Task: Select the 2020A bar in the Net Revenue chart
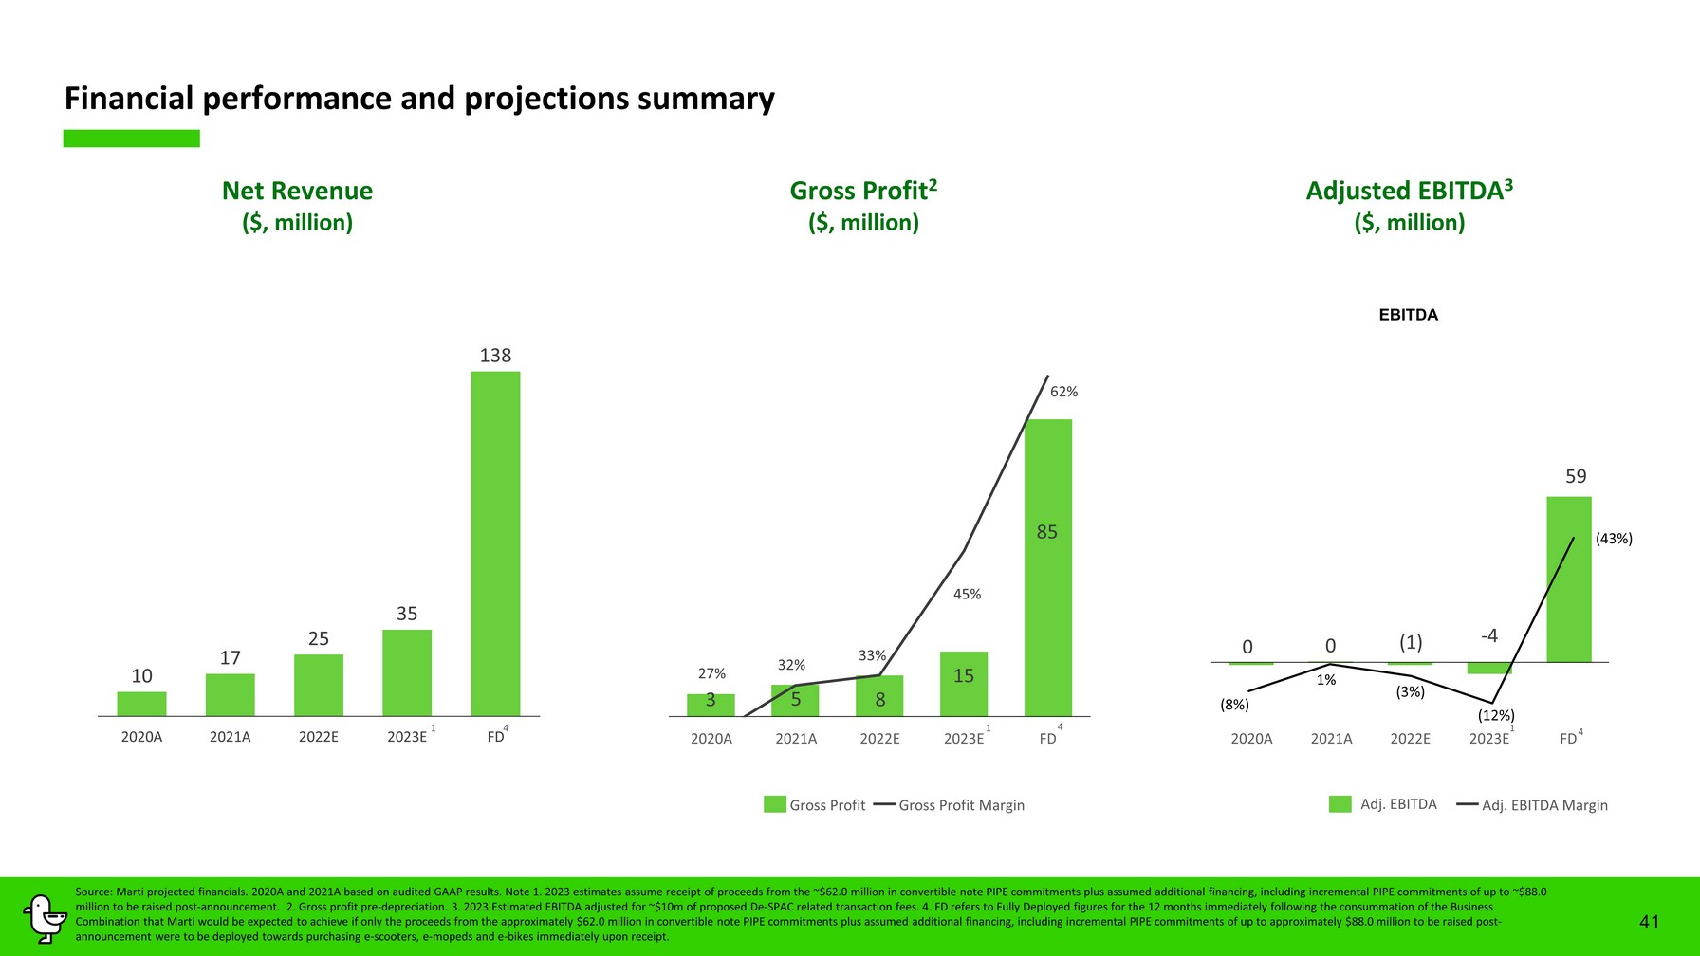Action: coord(141,704)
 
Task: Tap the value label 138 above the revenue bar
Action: coord(495,356)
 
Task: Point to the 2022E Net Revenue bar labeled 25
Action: coord(319,685)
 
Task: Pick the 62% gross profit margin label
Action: coord(1063,392)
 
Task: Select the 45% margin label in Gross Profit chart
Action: coord(967,595)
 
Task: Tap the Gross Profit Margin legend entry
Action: coord(961,805)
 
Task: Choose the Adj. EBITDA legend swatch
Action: coord(1340,804)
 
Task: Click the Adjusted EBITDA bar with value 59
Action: coord(1568,579)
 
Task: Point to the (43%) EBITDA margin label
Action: coord(1614,539)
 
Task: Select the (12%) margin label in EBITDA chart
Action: coord(1496,716)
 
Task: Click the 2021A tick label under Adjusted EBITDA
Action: coord(1331,739)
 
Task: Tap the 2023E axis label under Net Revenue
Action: coord(407,737)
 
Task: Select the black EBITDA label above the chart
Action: coord(1408,315)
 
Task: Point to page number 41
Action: coord(1650,922)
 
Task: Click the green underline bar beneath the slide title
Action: coord(131,138)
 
